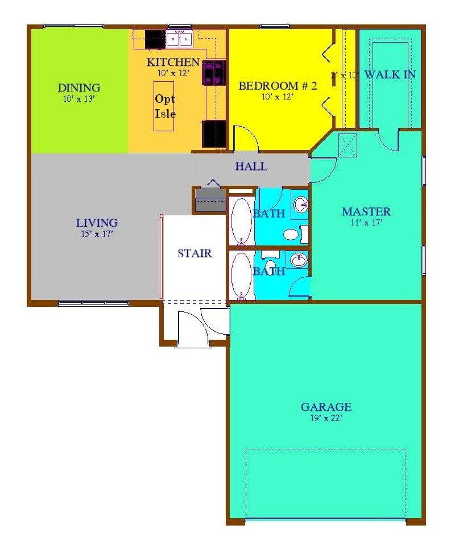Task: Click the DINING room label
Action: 79,87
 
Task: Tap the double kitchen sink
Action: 179,39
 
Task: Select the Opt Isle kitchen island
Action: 164,106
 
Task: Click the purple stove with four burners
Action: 215,73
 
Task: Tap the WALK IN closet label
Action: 390,74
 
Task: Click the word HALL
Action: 251,167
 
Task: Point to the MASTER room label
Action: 366,212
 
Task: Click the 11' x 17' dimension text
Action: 366,223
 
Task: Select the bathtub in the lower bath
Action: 241,275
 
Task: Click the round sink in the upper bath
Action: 300,203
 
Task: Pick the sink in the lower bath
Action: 298,260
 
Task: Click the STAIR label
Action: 195,253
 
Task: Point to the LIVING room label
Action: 97,223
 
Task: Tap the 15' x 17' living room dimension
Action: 97,234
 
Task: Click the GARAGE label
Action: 326,407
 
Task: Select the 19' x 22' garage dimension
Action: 326,418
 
